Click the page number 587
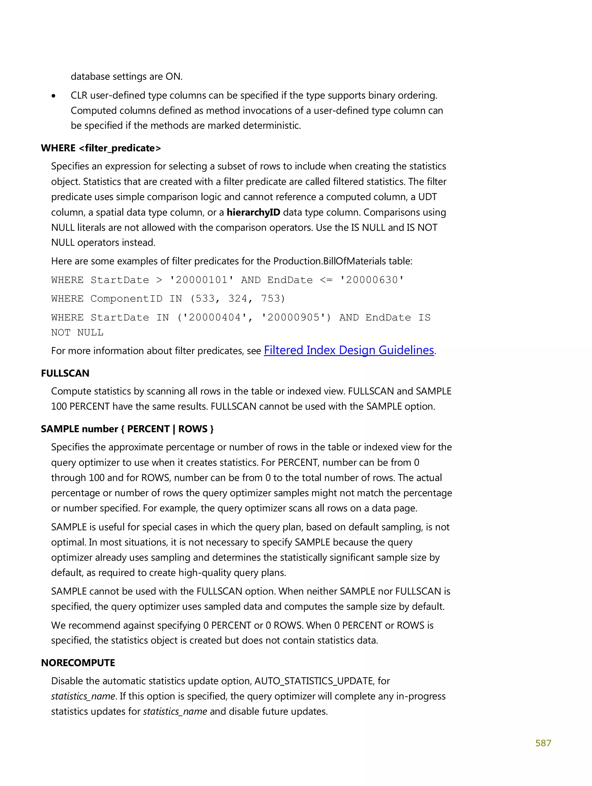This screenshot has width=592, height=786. (x=543, y=743)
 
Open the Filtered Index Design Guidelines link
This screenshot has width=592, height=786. (x=349, y=350)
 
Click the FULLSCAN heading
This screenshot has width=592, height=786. (x=65, y=373)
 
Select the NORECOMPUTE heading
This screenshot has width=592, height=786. (x=78, y=663)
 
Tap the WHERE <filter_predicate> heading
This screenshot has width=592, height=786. (x=101, y=148)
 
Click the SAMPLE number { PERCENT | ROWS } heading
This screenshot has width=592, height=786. (x=127, y=429)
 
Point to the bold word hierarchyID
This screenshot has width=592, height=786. (x=253, y=213)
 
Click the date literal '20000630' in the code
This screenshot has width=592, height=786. (x=371, y=280)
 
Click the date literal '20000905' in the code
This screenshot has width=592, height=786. (x=293, y=317)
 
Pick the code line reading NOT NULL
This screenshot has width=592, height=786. (x=77, y=333)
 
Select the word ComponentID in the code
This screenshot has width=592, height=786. (x=126, y=299)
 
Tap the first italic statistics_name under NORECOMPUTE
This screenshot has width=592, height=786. (x=83, y=696)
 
